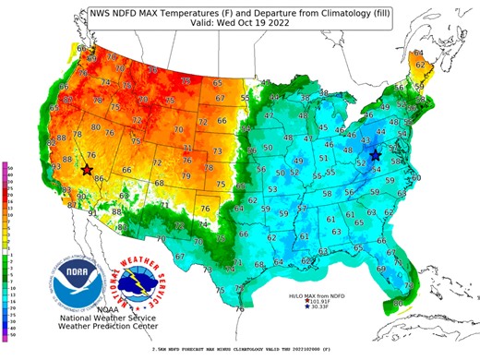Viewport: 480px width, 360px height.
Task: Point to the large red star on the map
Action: (x=86, y=170)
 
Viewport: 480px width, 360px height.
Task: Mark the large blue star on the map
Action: (x=376, y=156)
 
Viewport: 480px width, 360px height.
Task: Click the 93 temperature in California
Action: (x=56, y=166)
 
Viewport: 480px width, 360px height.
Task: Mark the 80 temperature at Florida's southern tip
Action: (x=398, y=302)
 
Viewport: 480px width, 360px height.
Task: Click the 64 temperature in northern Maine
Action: (x=417, y=54)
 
